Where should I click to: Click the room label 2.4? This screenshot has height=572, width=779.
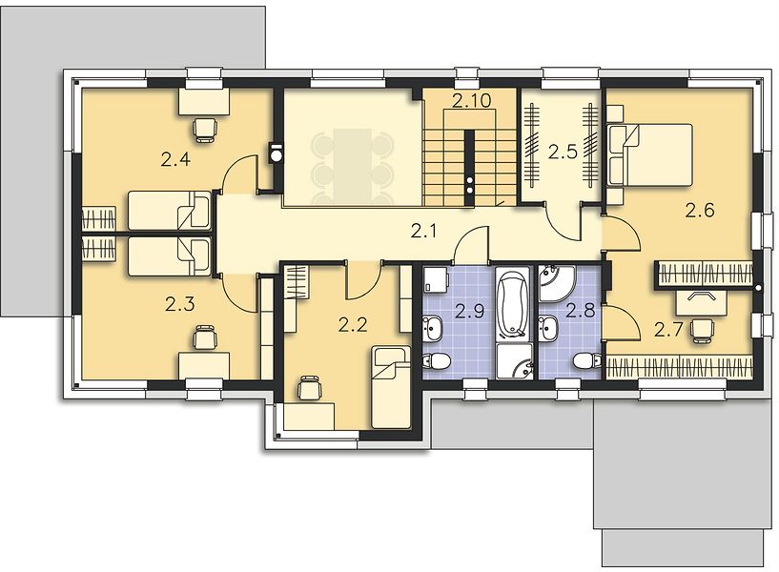[x=175, y=160]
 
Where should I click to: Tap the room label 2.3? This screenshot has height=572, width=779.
[x=180, y=304]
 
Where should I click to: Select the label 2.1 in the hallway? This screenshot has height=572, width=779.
[x=423, y=231]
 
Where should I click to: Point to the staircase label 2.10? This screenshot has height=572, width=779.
[x=471, y=100]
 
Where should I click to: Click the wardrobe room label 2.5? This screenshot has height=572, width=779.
[x=563, y=152]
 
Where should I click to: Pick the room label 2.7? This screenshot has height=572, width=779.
[x=668, y=329]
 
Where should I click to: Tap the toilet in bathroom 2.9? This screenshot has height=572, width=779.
[x=436, y=361]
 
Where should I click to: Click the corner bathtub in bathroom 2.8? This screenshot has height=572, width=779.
[x=556, y=283]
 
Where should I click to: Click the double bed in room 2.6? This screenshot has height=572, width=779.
[x=650, y=155]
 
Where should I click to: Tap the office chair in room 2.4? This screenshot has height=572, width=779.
[x=205, y=130]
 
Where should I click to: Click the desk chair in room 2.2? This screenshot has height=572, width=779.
[x=309, y=388]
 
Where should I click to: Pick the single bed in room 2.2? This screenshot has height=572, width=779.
[x=391, y=387]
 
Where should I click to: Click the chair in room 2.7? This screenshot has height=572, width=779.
[x=702, y=330]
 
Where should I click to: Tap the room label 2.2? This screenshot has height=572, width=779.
[x=353, y=326]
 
